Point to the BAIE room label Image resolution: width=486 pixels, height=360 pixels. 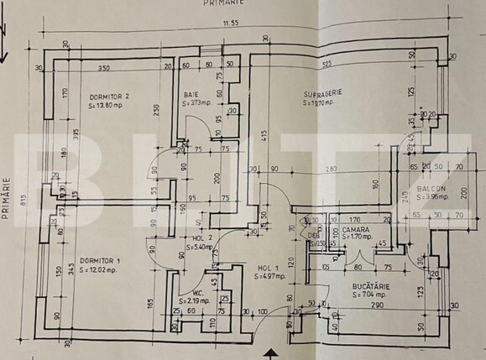coord(191,94)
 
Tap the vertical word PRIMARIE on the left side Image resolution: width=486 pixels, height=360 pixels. coord(8,197)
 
